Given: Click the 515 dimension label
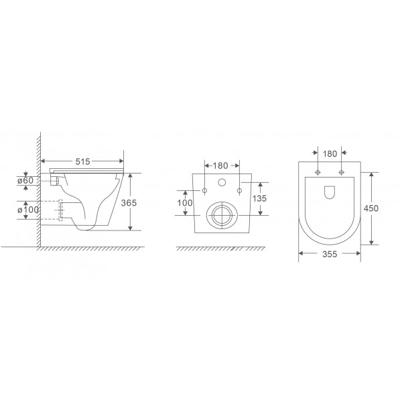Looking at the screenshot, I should [82, 162].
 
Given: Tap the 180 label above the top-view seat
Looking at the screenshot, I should [330, 153].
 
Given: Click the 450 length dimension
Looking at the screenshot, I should [372, 208].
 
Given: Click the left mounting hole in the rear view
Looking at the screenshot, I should [204, 192].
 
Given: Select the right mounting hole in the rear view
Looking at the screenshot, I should [239, 192].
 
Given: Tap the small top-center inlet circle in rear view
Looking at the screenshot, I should [222, 183].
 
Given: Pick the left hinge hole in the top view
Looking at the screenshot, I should [318, 173].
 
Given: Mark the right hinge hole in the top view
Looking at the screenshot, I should [342, 173].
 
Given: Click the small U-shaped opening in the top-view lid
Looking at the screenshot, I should [330, 193].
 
